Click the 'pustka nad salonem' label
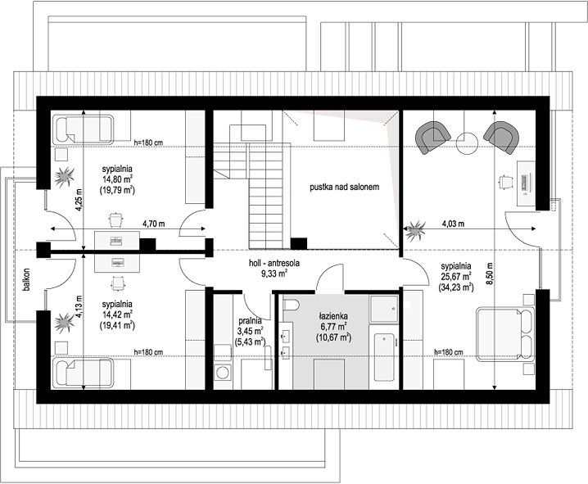(344, 187)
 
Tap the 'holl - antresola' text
(274, 263)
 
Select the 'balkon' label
(26, 279)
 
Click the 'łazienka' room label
(333, 315)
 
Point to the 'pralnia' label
(250, 321)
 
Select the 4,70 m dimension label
(153, 224)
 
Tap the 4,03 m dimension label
(453, 224)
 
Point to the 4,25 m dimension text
(79, 200)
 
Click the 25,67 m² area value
(456, 277)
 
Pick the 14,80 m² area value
(117, 179)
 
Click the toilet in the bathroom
(290, 305)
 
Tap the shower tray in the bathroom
(383, 309)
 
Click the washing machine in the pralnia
(223, 373)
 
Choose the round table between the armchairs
(468, 143)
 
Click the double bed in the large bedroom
(504, 334)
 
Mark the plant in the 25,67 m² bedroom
(415, 229)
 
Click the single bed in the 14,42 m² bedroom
(83, 373)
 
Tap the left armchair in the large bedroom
(432, 138)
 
